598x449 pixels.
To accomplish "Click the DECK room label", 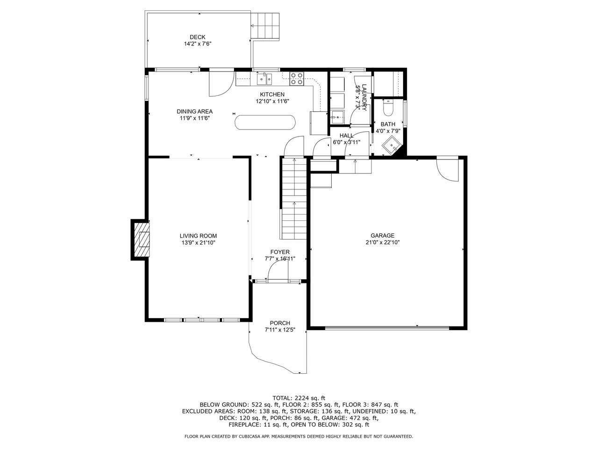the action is tap(198, 37).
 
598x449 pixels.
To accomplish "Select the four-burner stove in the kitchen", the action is tap(296, 79).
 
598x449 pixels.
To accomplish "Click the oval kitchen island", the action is tap(264, 122).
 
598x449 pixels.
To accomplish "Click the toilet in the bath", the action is tap(387, 108).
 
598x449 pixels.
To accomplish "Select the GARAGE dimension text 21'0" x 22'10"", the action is tap(383, 242).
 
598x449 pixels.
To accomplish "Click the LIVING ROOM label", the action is tap(198, 236).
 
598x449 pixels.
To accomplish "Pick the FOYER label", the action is tap(280, 252).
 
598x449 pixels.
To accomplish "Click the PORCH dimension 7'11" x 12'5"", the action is tap(280, 330).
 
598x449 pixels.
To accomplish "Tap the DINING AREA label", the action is tap(194, 111).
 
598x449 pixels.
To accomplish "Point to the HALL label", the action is tap(346, 136).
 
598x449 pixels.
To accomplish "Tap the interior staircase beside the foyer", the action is tap(294, 199).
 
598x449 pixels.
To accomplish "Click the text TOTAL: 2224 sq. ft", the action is tap(299, 398).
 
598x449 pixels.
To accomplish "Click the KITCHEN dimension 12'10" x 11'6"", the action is tap(272, 101).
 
